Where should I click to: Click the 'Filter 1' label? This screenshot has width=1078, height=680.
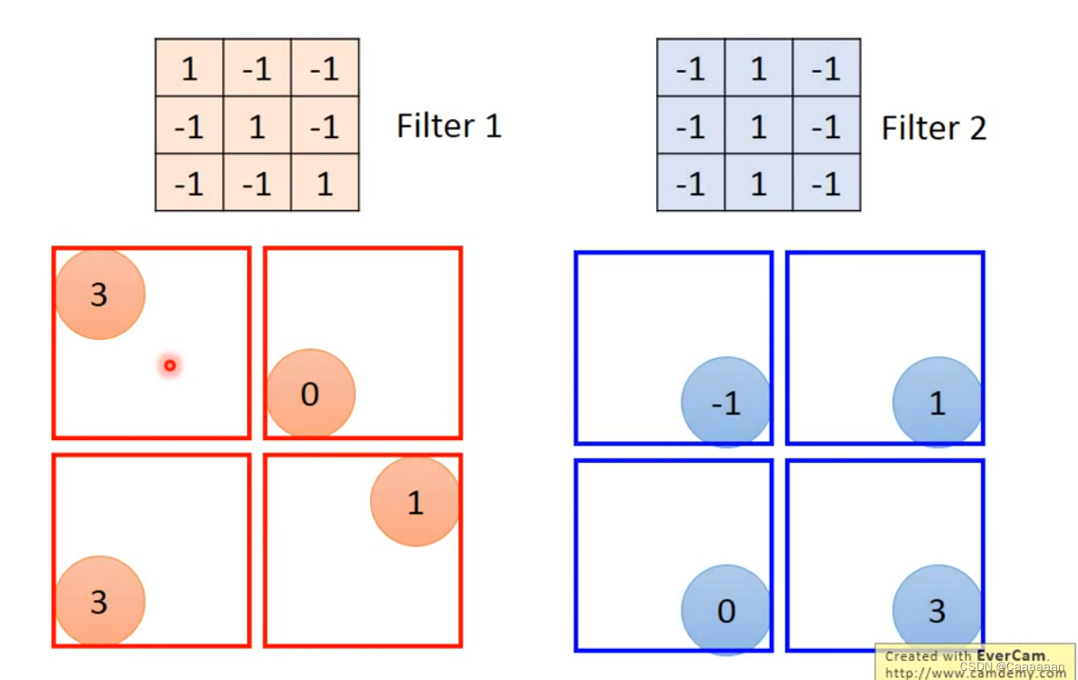449,125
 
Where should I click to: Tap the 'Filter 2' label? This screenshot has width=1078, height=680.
933,128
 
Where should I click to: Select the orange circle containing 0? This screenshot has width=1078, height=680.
310,395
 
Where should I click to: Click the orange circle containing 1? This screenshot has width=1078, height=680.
414,502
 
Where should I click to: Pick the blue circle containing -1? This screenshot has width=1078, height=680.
725,403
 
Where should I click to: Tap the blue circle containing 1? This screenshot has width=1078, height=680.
937,403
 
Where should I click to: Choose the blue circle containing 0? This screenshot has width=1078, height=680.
725,610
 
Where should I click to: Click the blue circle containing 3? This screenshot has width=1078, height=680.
937,610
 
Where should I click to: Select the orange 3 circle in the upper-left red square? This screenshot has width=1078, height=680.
100,295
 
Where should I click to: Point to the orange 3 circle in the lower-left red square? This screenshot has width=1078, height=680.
100,601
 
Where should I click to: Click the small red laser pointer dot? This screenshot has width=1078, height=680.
169,365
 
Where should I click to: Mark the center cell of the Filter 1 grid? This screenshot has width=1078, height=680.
257,125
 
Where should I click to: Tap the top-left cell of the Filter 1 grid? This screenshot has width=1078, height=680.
189,68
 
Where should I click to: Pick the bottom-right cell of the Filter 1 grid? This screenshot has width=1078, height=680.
324,184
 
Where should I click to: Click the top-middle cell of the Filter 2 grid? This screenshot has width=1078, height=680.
759,68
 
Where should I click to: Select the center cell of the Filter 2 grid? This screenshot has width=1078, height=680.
759,126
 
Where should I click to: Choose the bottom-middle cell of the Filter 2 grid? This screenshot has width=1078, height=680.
759,184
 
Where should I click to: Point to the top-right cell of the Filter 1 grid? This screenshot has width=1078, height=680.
324,68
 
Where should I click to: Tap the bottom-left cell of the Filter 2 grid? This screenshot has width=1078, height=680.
691,184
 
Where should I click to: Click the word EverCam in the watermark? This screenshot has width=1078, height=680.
1011,655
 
